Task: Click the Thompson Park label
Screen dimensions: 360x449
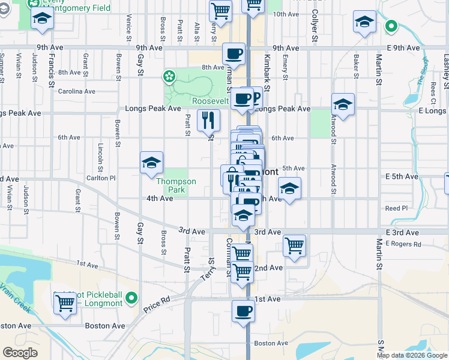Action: tap(176, 185)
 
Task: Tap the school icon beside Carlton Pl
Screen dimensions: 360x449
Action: tap(152, 163)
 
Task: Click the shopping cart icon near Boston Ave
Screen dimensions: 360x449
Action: tap(65, 303)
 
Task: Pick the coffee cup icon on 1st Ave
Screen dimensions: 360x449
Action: tap(243, 311)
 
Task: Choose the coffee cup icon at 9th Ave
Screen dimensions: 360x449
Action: tap(234, 54)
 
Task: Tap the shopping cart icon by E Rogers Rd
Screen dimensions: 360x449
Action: tap(294, 245)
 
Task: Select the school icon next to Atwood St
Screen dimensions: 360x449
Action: tap(343, 104)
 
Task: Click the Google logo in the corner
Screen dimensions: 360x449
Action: tap(20, 353)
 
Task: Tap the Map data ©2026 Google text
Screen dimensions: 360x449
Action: tap(412, 355)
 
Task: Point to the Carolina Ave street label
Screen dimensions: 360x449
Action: tap(77, 92)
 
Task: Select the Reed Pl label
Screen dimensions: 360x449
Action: tap(396, 208)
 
